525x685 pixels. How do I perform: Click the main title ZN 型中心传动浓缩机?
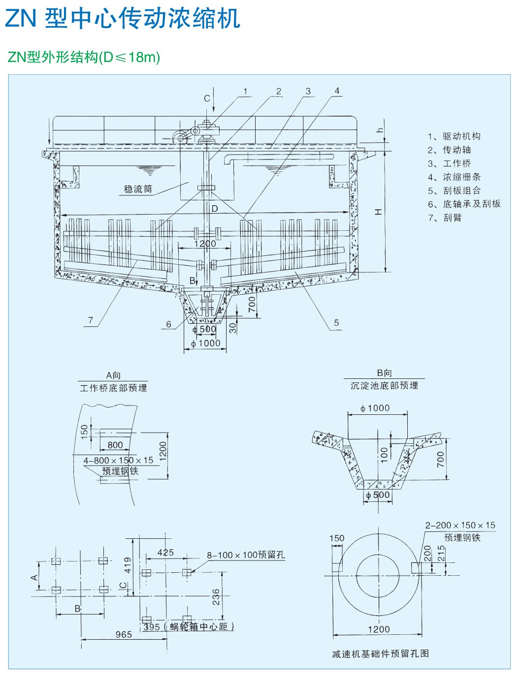(x=123, y=18)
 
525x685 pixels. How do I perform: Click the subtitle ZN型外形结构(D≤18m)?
(x=84, y=58)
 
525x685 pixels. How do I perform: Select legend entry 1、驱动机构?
(x=454, y=136)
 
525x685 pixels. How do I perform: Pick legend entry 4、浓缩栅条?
(x=454, y=177)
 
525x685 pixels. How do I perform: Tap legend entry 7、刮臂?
(x=445, y=218)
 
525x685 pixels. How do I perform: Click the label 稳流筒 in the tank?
(x=138, y=189)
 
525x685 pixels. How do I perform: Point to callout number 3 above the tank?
(x=308, y=91)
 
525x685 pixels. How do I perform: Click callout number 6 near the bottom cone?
(x=169, y=324)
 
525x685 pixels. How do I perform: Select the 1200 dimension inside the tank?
(x=205, y=244)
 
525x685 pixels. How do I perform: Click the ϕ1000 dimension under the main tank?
(x=206, y=343)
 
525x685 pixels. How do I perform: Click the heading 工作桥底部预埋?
(x=113, y=388)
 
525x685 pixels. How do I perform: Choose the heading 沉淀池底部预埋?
(x=384, y=386)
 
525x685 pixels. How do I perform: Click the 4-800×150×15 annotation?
(x=118, y=461)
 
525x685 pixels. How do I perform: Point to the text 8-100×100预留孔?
(x=246, y=555)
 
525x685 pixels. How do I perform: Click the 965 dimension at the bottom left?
(x=124, y=634)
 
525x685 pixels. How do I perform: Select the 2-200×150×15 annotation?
(x=460, y=526)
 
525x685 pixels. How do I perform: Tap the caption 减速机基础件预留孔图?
(x=380, y=654)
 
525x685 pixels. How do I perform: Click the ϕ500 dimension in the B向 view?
(x=378, y=495)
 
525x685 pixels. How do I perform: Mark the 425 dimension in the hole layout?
(x=165, y=553)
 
